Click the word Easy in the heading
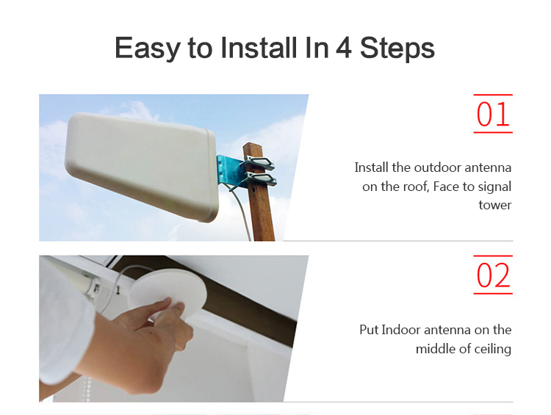(x=147, y=48)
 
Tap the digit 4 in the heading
(x=343, y=47)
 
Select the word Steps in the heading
(x=397, y=48)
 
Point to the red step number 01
(x=493, y=114)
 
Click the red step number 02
(x=493, y=275)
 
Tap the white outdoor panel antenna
(x=141, y=166)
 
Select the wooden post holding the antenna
(x=259, y=192)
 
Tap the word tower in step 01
(x=494, y=205)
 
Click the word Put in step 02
(x=369, y=330)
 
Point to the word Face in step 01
(x=446, y=187)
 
